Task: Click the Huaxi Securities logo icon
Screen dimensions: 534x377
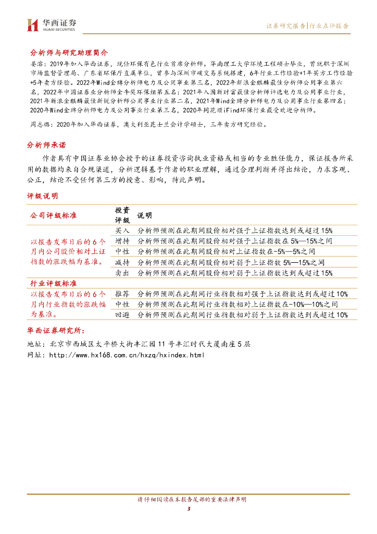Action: (x=33, y=25)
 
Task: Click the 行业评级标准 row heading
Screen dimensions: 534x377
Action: (x=52, y=283)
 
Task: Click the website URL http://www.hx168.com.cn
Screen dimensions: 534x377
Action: (x=126, y=355)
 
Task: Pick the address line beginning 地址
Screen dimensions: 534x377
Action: (x=138, y=344)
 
